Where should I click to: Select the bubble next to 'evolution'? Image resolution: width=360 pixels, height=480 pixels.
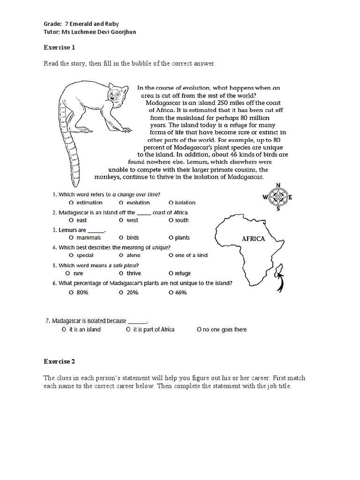[121, 202]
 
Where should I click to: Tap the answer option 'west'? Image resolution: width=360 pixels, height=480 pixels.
[132, 220]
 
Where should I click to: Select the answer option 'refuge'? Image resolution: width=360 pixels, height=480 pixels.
[183, 273]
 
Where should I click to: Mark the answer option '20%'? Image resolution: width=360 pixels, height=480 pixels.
[132, 292]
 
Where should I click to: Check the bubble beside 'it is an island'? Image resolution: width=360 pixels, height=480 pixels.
[63, 330]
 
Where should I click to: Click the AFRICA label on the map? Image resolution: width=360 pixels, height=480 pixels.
[253, 238]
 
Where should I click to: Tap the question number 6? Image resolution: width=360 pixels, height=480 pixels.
[54, 283]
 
